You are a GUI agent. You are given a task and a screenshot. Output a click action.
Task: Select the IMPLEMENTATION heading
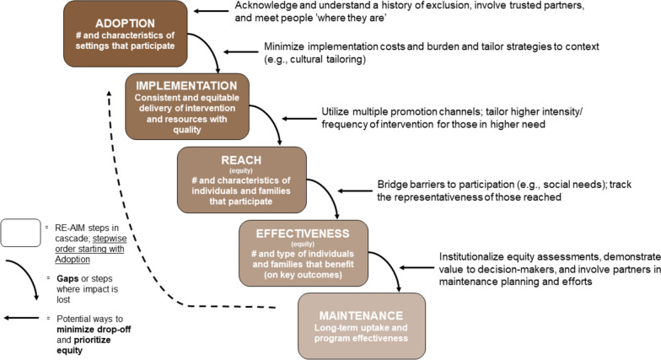point(186,87)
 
